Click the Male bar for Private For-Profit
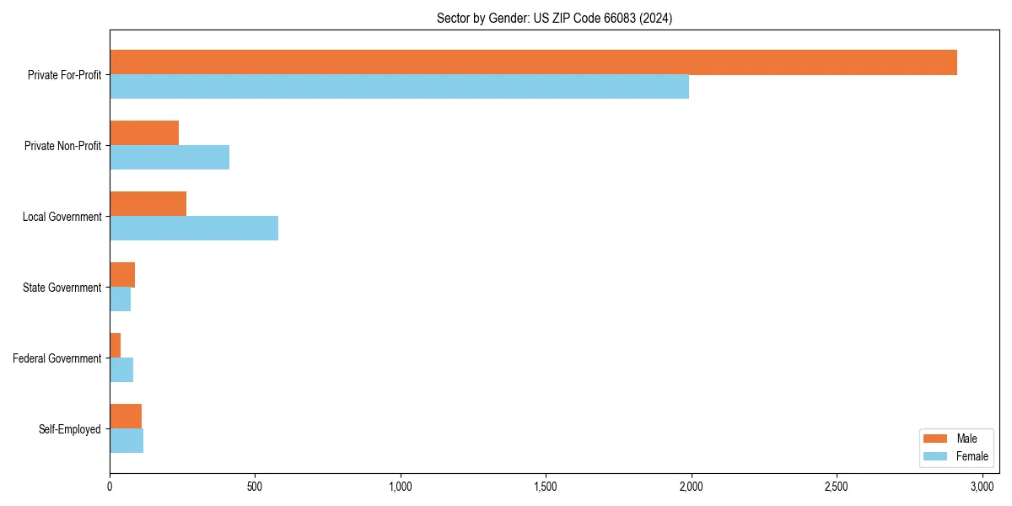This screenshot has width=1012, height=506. pyautogui.click(x=533, y=62)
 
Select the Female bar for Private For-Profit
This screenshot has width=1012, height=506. pyautogui.click(x=399, y=87)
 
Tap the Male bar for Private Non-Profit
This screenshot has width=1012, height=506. pyautogui.click(x=144, y=133)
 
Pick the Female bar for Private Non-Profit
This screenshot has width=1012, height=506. pyautogui.click(x=170, y=158)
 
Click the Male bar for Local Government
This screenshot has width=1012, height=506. pyautogui.click(x=148, y=204)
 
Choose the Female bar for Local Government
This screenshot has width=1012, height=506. pyautogui.click(x=194, y=229)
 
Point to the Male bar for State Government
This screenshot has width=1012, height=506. pyautogui.click(x=122, y=275)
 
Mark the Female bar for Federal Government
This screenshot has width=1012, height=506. pyautogui.click(x=121, y=370)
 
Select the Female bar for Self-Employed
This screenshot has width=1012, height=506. pyautogui.click(x=126, y=441)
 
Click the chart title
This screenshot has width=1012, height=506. pyautogui.click(x=554, y=18)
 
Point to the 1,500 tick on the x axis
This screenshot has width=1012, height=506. pyautogui.click(x=546, y=487)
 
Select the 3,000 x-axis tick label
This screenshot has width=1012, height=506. pyautogui.click(x=982, y=487)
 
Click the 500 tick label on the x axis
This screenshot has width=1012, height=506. pyautogui.click(x=255, y=487)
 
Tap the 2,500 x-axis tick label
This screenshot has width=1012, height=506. pyautogui.click(x=837, y=487)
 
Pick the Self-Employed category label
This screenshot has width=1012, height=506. pyautogui.click(x=70, y=429)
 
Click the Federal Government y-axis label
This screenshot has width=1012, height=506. pyautogui.click(x=57, y=358)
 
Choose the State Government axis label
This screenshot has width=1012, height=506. pyautogui.click(x=62, y=288)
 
